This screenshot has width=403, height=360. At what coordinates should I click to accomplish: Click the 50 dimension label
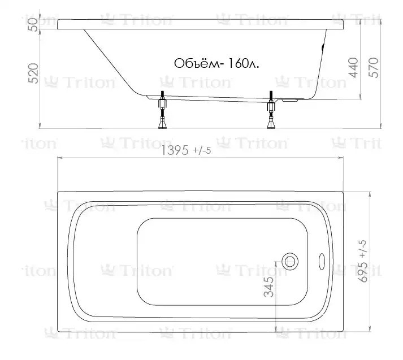click(x=34, y=25)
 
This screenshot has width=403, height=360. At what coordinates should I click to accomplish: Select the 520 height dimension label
click(x=33, y=73)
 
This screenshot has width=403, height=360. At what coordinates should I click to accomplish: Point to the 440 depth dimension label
click(x=353, y=68)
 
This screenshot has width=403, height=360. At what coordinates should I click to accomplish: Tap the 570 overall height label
click(x=374, y=68)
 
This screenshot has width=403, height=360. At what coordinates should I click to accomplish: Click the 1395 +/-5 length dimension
click(x=186, y=150)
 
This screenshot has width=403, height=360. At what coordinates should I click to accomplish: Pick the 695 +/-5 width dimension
click(x=363, y=261)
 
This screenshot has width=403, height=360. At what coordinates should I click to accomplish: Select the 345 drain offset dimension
click(x=269, y=287)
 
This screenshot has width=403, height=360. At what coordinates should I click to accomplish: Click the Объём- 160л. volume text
click(x=216, y=63)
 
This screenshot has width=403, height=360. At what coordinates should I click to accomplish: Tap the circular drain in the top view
click(x=290, y=262)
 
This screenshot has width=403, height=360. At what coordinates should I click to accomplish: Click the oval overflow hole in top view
click(x=322, y=262)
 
